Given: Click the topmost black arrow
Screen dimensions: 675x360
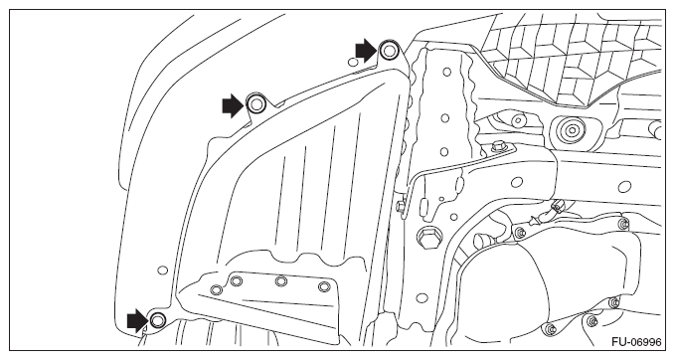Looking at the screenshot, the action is click(x=366, y=51).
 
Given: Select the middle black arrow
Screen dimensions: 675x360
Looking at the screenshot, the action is click(x=233, y=105).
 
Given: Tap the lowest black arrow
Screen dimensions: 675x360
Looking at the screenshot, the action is click(x=138, y=320).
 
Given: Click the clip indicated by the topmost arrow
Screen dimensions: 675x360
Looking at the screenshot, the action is click(x=389, y=51).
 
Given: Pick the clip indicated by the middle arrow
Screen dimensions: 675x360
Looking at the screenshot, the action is click(x=255, y=103).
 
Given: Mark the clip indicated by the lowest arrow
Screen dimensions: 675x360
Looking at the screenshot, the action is click(x=158, y=320).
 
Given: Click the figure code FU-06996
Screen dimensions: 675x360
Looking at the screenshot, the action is click(x=636, y=342).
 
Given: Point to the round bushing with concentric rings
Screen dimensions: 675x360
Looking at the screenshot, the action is click(x=572, y=129).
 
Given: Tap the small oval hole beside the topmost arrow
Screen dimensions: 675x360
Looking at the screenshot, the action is click(x=353, y=63).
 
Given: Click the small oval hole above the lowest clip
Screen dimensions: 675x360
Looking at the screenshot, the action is click(x=163, y=270).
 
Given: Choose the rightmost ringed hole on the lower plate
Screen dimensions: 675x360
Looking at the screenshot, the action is click(x=324, y=286).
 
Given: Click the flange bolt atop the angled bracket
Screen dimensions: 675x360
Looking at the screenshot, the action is click(x=498, y=146).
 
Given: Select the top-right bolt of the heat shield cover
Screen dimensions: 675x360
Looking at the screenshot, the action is click(x=623, y=224).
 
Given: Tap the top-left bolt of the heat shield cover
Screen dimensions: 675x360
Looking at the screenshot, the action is click(x=521, y=233).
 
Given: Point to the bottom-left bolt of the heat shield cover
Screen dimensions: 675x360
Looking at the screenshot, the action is click(x=550, y=330).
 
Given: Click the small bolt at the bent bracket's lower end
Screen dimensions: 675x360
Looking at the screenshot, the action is click(x=401, y=206).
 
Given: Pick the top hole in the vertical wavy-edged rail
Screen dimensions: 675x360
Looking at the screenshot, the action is click(x=446, y=72).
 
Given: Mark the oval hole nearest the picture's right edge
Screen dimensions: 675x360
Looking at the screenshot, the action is click(x=624, y=187).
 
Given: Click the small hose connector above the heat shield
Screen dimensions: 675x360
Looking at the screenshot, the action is click(x=556, y=207).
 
